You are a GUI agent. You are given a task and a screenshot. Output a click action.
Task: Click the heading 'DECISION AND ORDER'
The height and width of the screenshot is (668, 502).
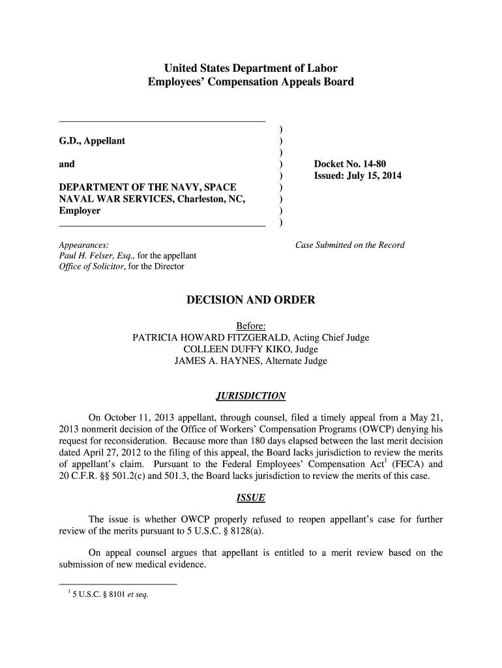click(251, 300)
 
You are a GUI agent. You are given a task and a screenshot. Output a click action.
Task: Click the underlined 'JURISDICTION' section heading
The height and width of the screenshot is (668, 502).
click(250, 397)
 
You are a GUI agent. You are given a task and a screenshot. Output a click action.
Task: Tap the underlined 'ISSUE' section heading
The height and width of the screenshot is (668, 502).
click(250, 498)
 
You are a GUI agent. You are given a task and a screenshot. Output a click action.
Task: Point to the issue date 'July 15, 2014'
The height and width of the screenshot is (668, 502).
click(379, 176)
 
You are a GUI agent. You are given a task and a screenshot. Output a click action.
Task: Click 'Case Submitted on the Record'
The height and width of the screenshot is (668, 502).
click(350, 245)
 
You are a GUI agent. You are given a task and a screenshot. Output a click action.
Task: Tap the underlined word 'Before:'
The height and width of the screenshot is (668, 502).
click(250, 326)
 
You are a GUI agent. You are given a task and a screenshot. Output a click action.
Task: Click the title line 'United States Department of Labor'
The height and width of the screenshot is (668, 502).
click(250, 68)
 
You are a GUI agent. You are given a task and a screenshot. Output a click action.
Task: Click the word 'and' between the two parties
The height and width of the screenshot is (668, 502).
click(66, 164)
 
